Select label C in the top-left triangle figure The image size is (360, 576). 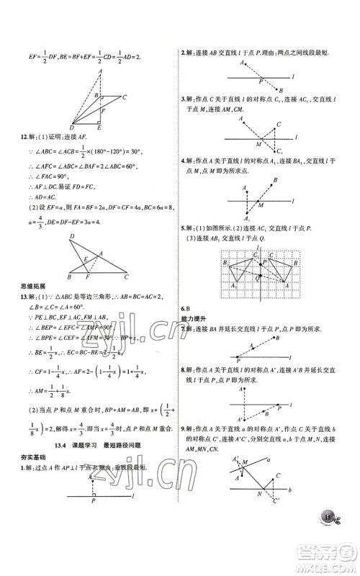click(x=125, y=96)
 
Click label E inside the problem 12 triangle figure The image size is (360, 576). click(x=85, y=258)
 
